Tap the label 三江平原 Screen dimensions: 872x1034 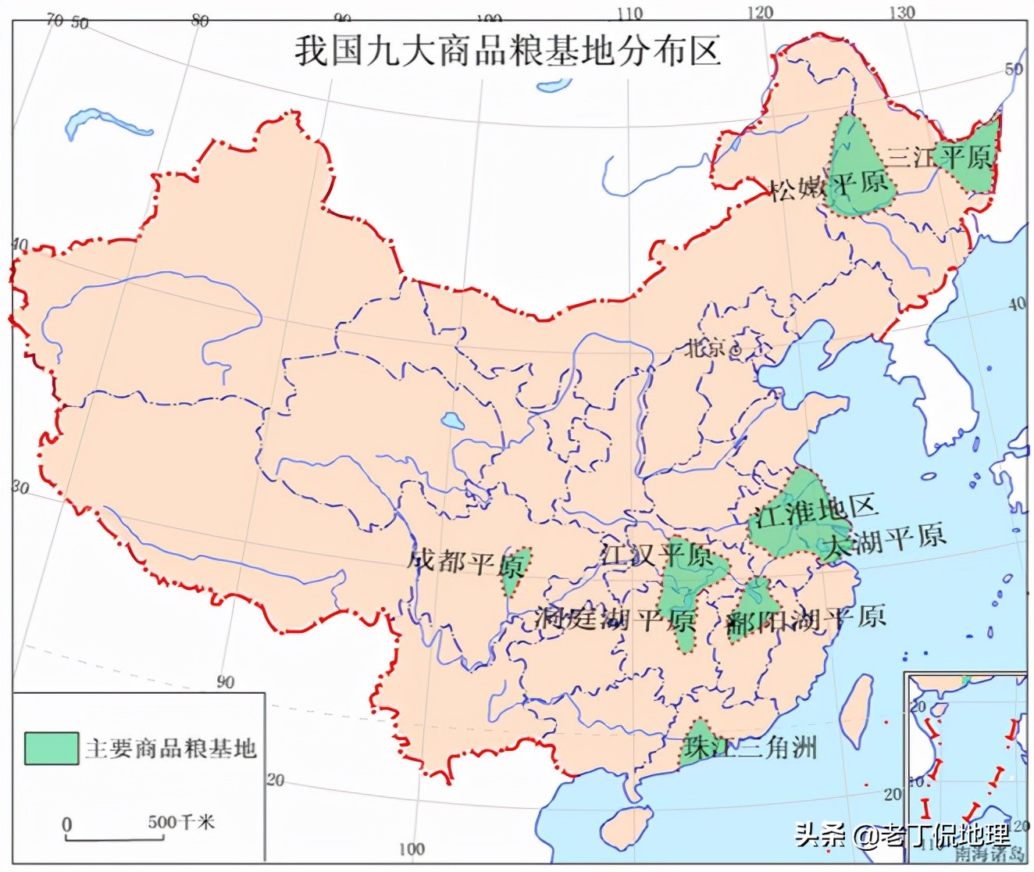[940, 157]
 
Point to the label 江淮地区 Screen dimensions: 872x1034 [813, 512]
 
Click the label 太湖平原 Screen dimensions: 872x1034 [886, 538]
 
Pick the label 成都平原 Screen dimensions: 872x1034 [465, 562]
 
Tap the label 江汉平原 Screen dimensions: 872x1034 [657, 556]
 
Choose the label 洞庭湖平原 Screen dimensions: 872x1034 [615, 620]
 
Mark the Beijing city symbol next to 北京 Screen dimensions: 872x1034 [735, 351]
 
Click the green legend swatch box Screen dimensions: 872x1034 [52, 748]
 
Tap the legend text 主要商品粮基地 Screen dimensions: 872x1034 [171, 749]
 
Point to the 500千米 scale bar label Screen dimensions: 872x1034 [181, 822]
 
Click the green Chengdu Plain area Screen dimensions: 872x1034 [516, 570]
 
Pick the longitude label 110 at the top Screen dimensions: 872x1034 [629, 14]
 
